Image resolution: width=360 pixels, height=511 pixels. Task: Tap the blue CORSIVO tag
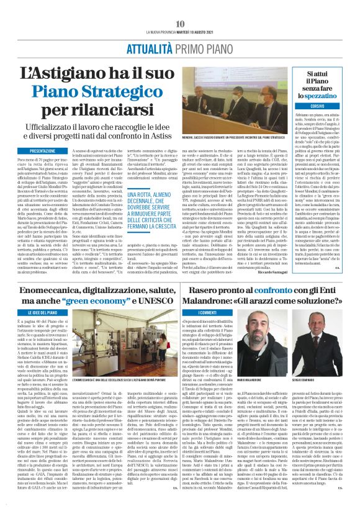[317, 107]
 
